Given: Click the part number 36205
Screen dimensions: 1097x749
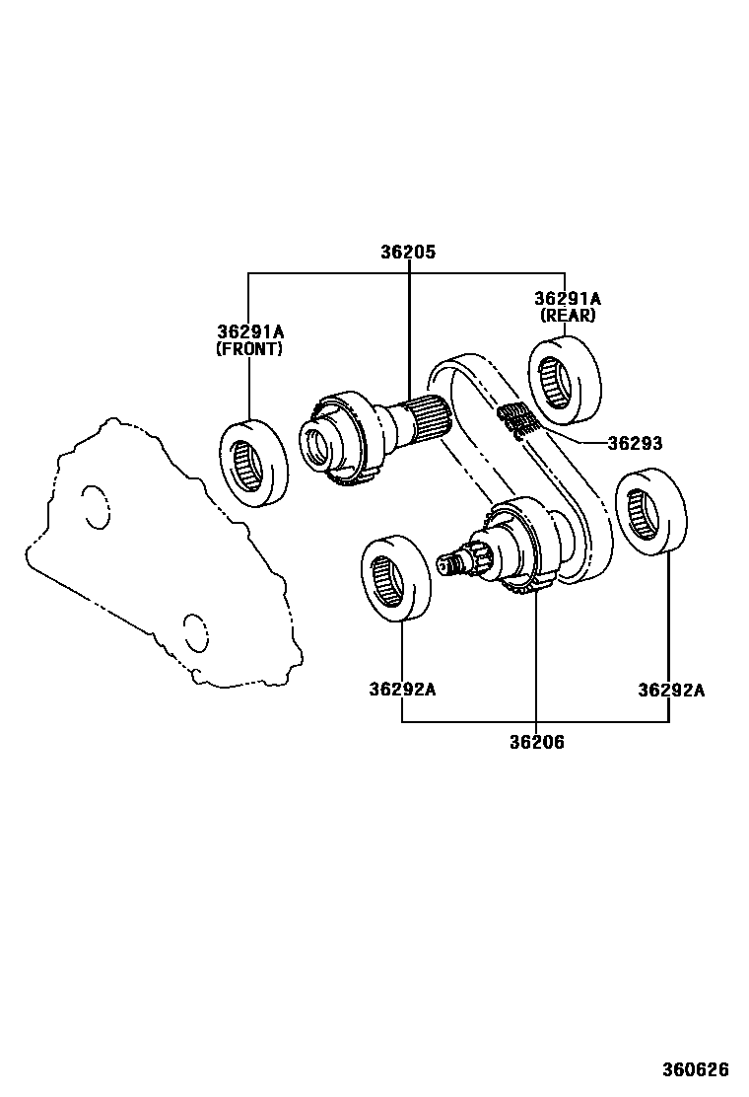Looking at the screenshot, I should point(408,253).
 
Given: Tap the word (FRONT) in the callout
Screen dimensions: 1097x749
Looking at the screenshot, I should point(249,349).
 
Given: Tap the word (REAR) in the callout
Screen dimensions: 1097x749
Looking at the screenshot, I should point(568,316).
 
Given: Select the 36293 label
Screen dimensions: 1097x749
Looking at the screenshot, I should point(635,444).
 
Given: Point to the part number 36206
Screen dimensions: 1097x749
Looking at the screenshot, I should point(537,743).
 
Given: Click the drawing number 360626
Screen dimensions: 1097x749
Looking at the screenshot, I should point(695,1069).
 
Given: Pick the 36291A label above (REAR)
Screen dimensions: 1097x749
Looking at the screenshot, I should point(568,298).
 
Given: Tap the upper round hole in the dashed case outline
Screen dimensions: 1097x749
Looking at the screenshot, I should point(96,506).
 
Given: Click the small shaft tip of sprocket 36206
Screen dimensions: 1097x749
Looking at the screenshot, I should point(452,563).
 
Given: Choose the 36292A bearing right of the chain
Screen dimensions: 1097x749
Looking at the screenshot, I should point(649,514).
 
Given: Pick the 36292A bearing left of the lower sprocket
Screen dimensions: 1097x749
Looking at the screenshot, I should point(395,577).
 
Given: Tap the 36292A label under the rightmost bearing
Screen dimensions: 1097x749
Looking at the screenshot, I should point(671,690).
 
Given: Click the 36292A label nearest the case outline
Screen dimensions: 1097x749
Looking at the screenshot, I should point(402,690).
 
